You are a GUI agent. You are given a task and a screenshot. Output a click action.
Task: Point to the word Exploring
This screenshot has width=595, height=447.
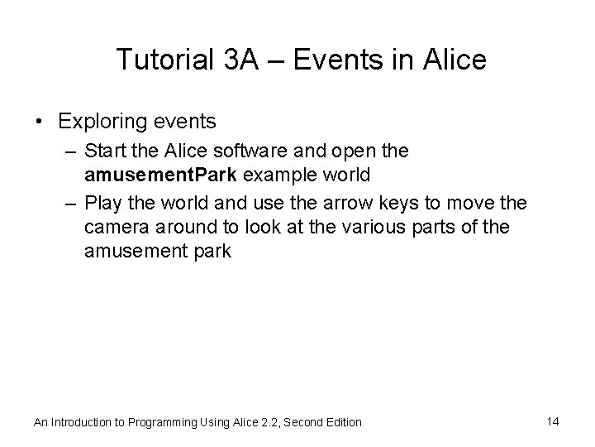[100, 123]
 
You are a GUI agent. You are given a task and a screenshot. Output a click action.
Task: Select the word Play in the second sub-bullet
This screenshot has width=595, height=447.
[104, 203]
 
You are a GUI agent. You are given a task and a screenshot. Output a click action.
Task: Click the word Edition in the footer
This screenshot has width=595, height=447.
[342, 422]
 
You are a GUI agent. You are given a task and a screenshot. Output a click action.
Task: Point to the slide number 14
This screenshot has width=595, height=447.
[553, 421]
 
